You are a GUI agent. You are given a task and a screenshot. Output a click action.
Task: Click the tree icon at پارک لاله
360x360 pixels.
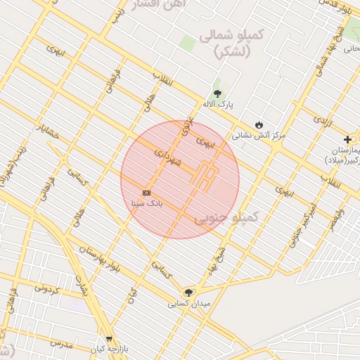(217, 94)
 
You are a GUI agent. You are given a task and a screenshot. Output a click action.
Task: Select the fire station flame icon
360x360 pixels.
(259, 124)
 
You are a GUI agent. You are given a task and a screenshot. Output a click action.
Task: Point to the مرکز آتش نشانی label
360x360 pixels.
(259, 135)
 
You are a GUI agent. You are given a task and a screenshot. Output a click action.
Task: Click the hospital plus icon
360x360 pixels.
(347, 140)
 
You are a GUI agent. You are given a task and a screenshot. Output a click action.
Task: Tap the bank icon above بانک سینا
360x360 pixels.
(146, 193)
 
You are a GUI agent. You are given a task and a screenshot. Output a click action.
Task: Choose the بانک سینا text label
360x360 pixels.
(146, 203)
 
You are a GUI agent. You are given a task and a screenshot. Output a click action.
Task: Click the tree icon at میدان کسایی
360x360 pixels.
(188, 292)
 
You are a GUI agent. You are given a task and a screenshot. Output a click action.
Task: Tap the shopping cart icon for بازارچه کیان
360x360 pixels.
(108, 339)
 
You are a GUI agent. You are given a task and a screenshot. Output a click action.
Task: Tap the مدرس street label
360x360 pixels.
(61, 344)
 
